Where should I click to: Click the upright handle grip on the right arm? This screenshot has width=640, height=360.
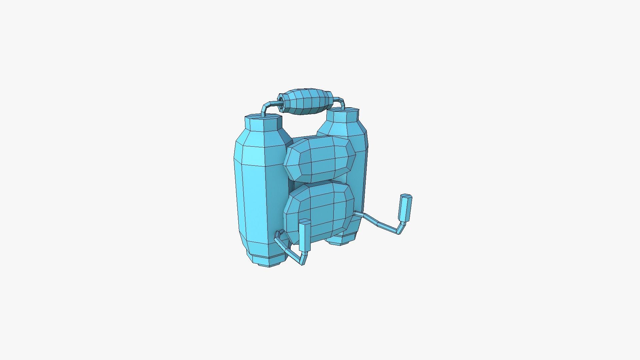coord(406,208)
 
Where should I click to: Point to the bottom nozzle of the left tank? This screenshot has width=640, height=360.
coord(267,261)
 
